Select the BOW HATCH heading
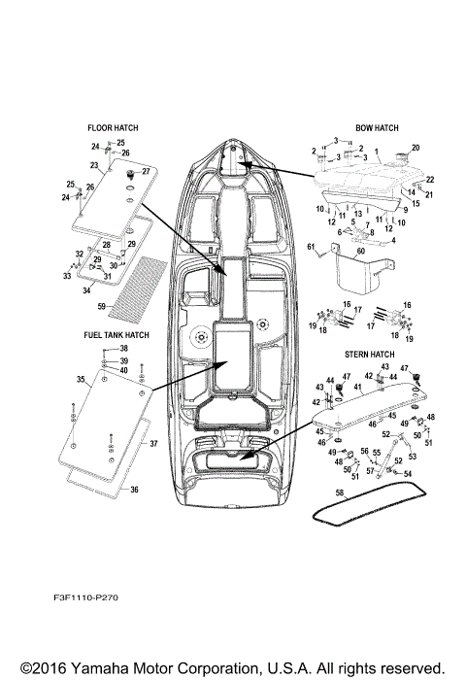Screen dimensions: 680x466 [x=377, y=127]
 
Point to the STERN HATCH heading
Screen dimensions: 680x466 [x=371, y=356]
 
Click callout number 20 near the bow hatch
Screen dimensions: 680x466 [x=416, y=147]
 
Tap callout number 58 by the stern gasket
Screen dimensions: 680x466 [x=340, y=493]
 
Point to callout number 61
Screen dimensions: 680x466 [x=313, y=250]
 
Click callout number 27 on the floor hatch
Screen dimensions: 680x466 [x=146, y=171]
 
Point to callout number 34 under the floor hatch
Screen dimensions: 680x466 [x=86, y=289]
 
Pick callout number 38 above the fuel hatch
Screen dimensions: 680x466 [x=124, y=349]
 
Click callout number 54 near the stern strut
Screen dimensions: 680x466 [x=408, y=473]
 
